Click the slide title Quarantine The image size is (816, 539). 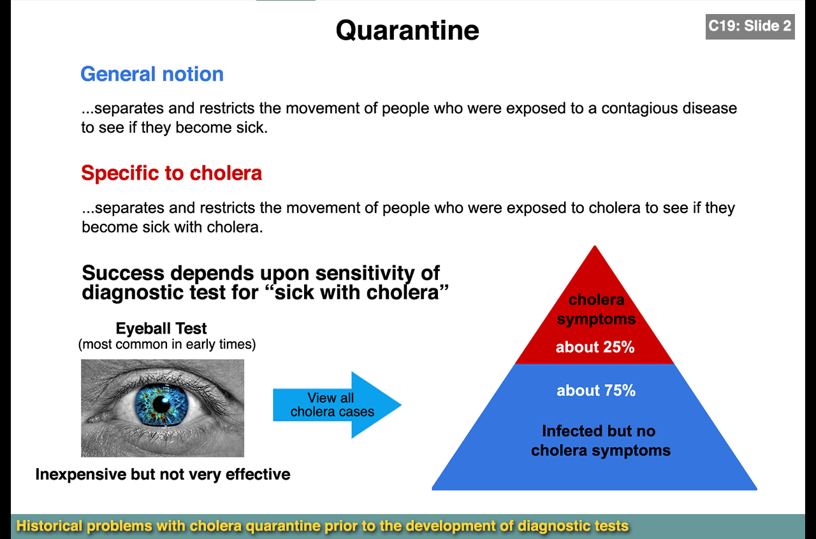click(407, 30)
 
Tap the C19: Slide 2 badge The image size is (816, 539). click(750, 26)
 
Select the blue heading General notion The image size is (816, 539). click(152, 74)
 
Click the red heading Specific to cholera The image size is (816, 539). click(171, 173)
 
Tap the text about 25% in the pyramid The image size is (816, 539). click(595, 348)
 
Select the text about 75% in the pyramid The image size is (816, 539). click(596, 390)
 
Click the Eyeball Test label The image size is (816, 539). click(161, 329)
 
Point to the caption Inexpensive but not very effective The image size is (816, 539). click(163, 475)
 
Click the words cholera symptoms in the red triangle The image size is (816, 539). click(596, 309)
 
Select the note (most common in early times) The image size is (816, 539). click(166, 345)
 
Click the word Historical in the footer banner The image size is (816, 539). click(50, 526)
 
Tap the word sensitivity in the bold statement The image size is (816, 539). click(363, 273)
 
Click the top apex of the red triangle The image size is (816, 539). click(595, 249)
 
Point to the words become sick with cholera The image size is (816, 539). click(172, 227)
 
